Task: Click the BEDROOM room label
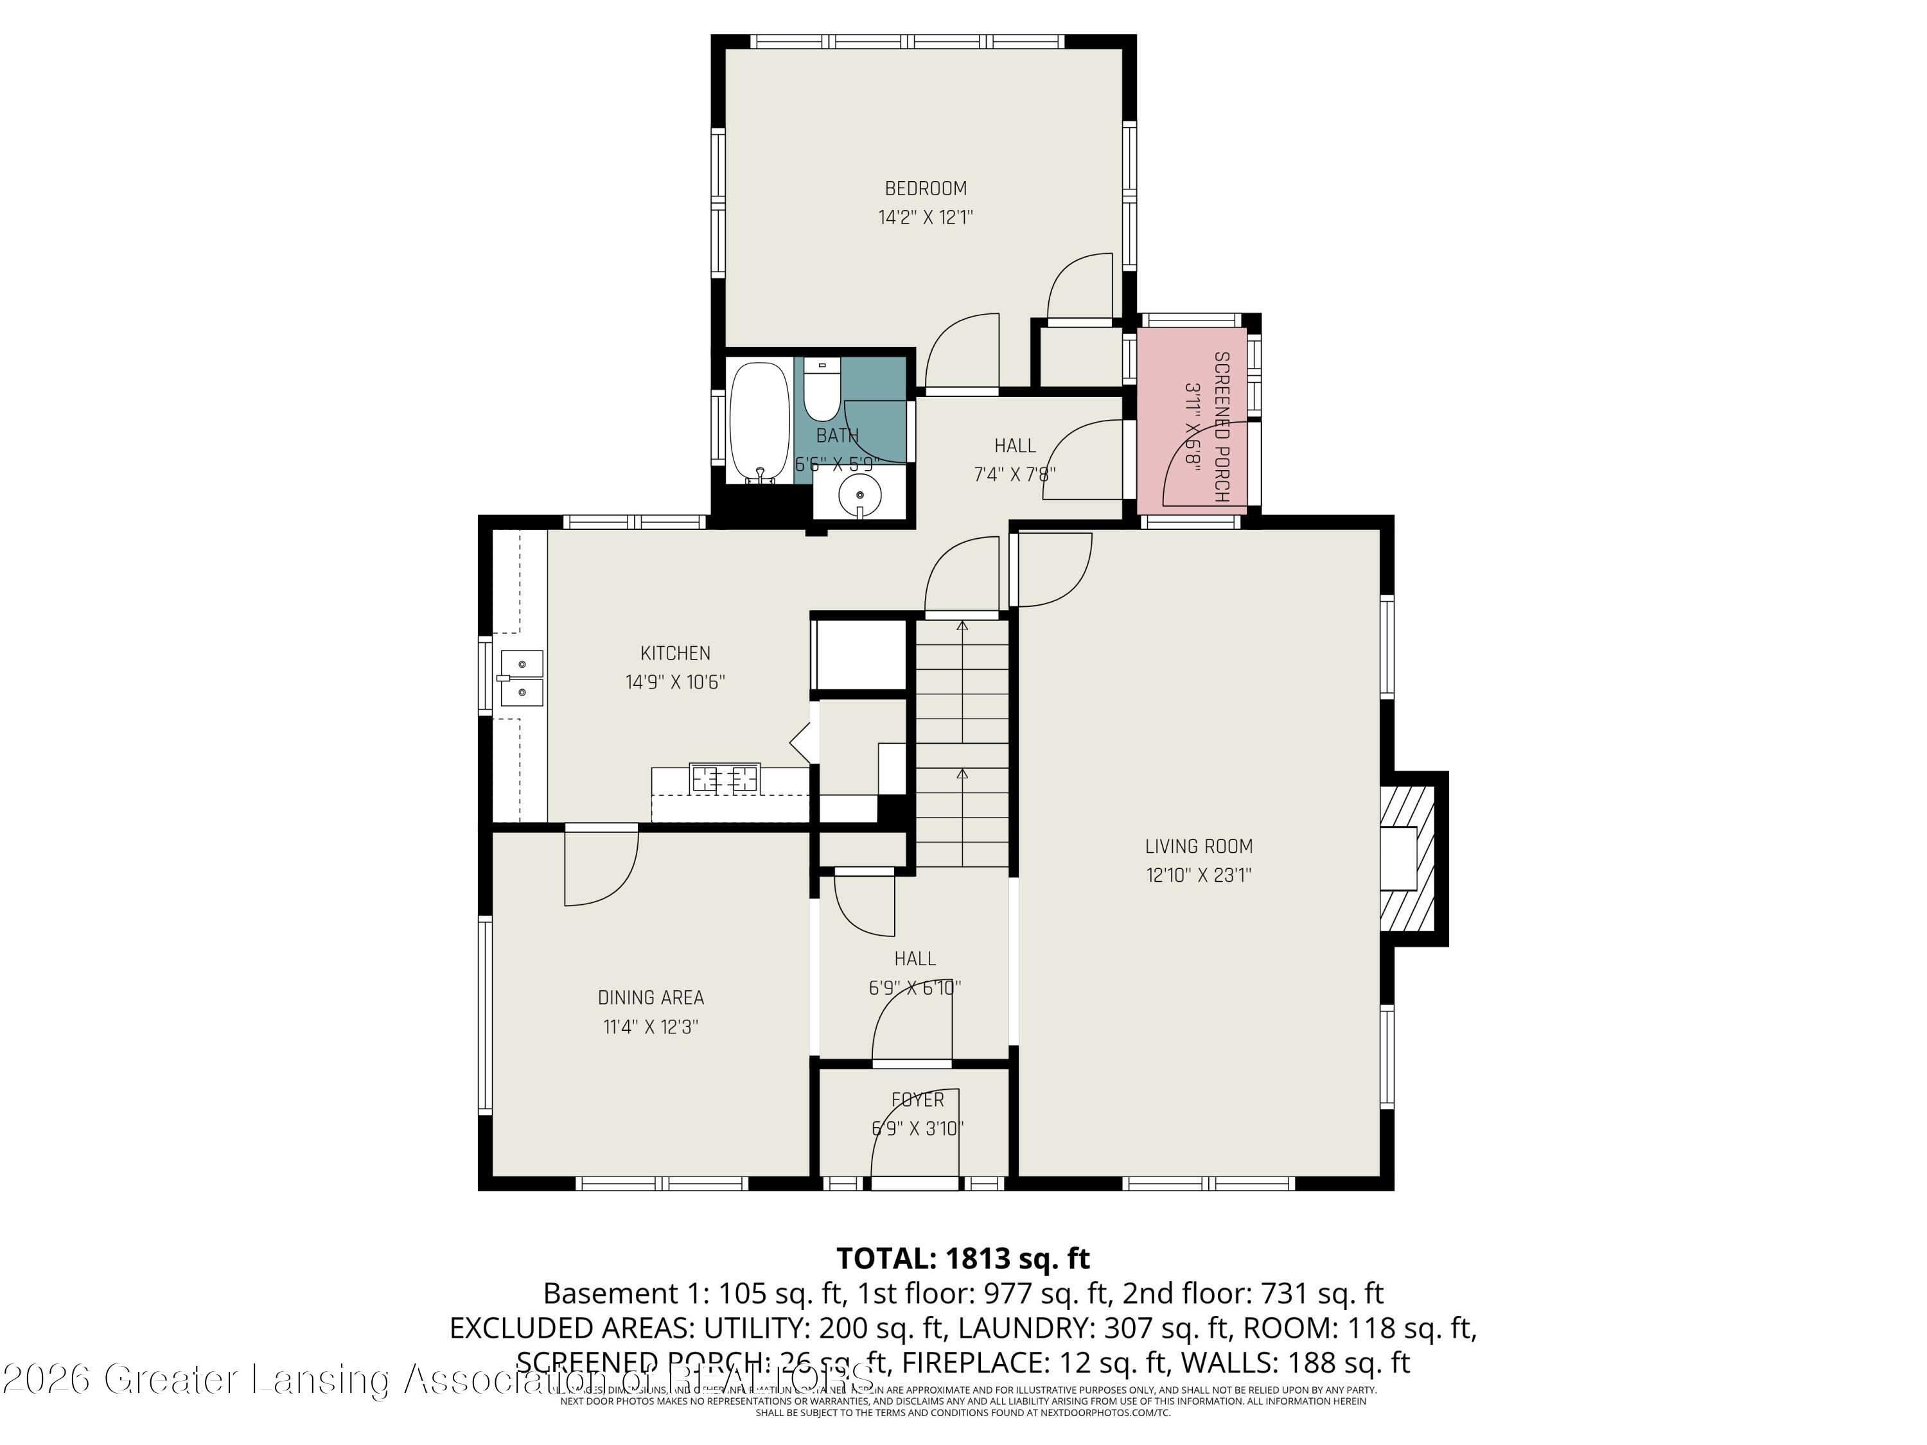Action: [925, 188]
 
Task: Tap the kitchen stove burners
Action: [724, 778]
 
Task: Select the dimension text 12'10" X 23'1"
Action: [1198, 875]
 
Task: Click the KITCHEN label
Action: [675, 653]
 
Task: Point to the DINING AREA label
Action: [651, 997]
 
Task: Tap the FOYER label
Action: [917, 1100]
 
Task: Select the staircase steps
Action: [962, 740]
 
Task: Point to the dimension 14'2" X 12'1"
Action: [925, 218]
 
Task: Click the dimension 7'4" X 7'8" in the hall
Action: [1014, 475]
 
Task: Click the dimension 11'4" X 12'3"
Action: [651, 1027]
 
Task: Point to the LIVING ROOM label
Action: [1198, 846]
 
